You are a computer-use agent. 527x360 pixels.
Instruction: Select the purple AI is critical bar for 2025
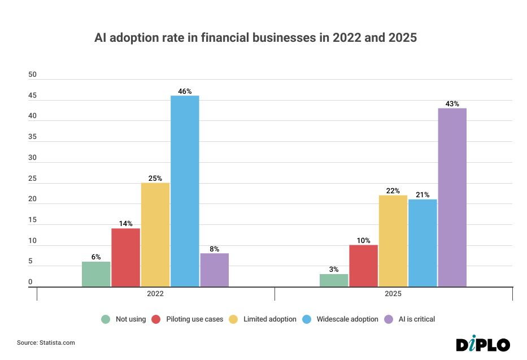[x=452, y=197]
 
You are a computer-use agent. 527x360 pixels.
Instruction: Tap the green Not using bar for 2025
[x=334, y=280]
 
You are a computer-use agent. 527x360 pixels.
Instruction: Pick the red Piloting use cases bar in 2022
[x=125, y=257]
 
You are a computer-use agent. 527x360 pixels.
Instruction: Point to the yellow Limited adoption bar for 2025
[x=393, y=241]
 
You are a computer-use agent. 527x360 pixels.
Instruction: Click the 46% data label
[x=185, y=91]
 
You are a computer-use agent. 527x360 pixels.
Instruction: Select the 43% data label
[x=452, y=103]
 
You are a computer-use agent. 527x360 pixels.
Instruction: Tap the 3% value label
[x=334, y=270]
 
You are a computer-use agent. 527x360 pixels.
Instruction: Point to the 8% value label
[x=214, y=249]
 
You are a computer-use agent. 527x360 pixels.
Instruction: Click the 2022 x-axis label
[x=155, y=294]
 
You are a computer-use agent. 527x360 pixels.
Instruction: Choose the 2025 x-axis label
[x=393, y=294]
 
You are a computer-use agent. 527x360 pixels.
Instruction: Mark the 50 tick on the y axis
[x=33, y=75]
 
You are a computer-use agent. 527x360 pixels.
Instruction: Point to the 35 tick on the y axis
[x=33, y=137]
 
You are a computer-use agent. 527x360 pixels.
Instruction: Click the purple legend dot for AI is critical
[x=388, y=319]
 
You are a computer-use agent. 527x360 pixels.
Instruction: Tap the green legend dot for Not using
[x=106, y=319]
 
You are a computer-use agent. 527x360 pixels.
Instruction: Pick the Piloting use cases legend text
[x=195, y=319]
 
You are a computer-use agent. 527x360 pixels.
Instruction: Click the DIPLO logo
[x=483, y=344]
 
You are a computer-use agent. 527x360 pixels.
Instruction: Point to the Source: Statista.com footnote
[x=46, y=343]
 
